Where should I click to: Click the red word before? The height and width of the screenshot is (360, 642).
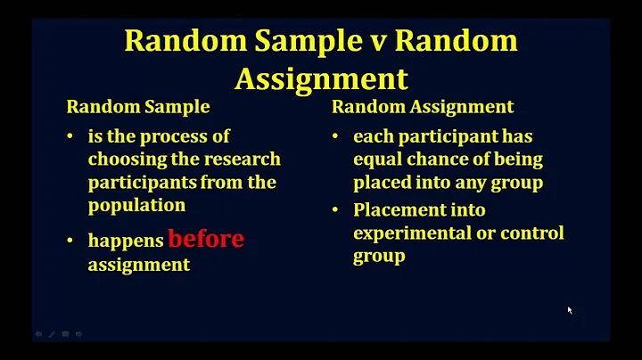tap(206, 240)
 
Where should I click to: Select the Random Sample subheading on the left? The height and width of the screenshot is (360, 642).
tap(138, 107)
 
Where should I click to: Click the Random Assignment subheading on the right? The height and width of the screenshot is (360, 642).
tap(422, 107)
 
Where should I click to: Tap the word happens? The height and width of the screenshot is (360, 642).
tap(126, 241)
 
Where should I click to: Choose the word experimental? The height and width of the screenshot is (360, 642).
tap(406, 233)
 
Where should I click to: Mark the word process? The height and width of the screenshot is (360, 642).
tap(176, 137)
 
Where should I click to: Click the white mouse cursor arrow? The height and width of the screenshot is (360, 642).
tap(570, 310)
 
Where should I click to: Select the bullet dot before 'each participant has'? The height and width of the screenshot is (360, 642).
tap(336, 137)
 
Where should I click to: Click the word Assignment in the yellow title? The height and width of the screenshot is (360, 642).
tap(321, 79)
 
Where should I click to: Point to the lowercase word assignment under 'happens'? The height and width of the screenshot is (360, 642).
tap(138, 266)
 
